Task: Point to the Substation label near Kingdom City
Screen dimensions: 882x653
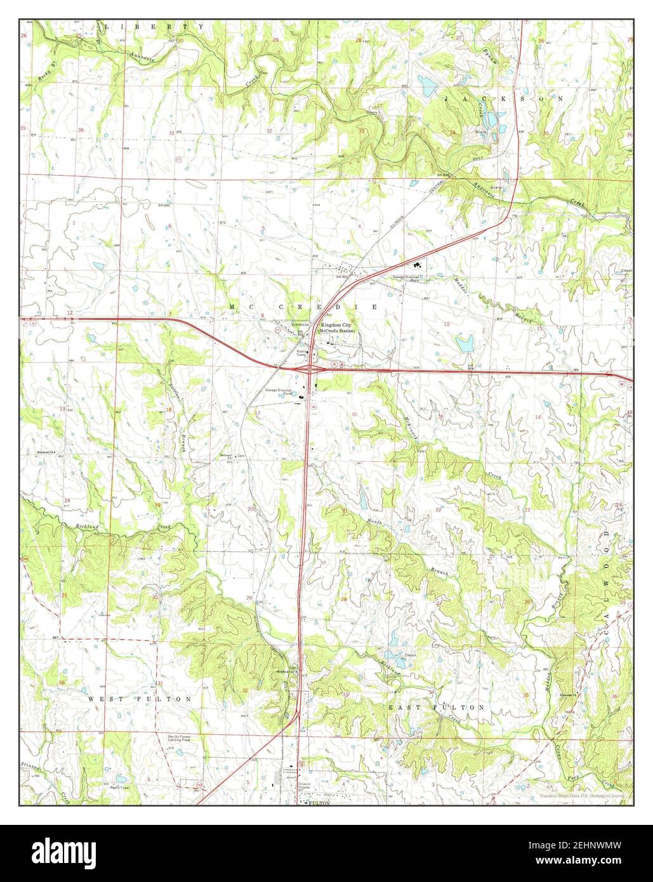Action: [x=300, y=325]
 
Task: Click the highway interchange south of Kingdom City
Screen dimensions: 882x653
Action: [x=309, y=367]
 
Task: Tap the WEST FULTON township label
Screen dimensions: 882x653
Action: [x=140, y=699]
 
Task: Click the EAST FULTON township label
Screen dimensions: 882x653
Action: [x=437, y=707]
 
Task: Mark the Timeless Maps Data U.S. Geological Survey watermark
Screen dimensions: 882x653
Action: [x=582, y=796]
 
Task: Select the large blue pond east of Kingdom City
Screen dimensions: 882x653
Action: [x=465, y=344]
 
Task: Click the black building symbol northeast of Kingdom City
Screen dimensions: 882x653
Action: [x=418, y=266]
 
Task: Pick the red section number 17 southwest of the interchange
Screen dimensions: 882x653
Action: [x=257, y=414]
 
